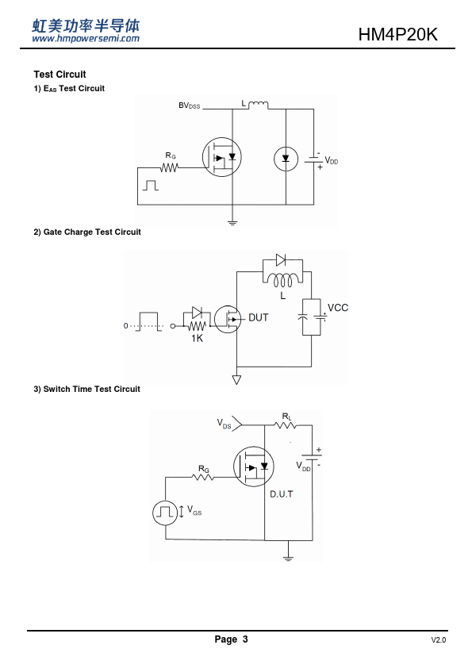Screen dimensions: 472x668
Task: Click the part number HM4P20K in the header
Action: coord(397,34)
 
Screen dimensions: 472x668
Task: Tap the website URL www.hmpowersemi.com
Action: coord(86,38)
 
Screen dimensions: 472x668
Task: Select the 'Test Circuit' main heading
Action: coord(59,74)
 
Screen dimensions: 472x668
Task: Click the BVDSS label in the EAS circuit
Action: coord(189,106)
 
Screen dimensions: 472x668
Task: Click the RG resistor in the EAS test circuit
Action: coord(169,168)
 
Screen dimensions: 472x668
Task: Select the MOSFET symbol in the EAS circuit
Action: coord(222,157)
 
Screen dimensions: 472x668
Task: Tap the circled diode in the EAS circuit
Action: coord(286,159)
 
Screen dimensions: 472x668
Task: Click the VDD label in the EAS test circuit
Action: coord(332,160)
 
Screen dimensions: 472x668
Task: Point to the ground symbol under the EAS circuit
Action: coord(232,222)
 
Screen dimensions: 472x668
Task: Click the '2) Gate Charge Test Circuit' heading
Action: coord(87,232)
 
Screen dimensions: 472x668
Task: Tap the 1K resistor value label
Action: coord(197,338)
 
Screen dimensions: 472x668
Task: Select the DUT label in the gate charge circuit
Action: coord(258,317)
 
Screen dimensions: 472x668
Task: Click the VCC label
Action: coord(338,308)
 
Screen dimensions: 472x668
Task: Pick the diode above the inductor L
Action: coord(281,259)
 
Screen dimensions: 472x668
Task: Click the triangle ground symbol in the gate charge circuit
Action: coord(236,378)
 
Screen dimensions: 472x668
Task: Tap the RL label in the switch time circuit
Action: coord(286,417)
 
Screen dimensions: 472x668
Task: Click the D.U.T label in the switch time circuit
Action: coord(282,494)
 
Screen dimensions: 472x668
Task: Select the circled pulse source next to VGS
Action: coord(165,513)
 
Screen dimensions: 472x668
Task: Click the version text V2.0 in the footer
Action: coord(439,640)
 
